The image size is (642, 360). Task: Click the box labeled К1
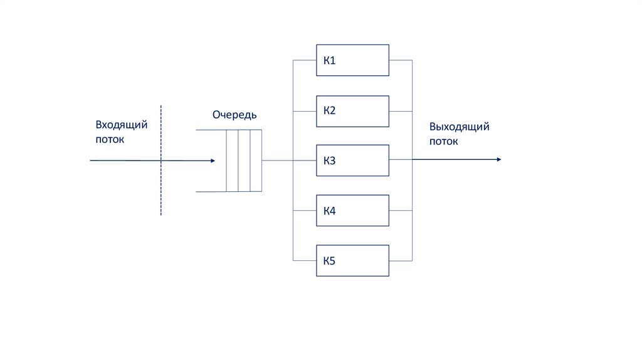point(352,60)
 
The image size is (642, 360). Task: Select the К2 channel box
point(352,110)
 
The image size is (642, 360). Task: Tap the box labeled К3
point(352,161)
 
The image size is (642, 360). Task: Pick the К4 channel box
point(352,211)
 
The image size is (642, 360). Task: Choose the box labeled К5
point(352,261)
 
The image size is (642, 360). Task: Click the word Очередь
point(234,115)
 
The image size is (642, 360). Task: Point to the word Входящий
point(122,125)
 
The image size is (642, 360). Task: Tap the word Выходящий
point(459,127)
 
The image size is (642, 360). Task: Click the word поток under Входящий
point(110,139)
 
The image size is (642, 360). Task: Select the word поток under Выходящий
point(443,141)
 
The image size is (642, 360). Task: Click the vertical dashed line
point(161,188)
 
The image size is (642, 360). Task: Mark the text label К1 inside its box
point(330,61)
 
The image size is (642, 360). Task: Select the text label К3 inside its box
point(330,161)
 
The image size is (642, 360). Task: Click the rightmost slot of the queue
point(256,161)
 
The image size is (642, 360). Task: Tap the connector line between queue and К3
point(277,161)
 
